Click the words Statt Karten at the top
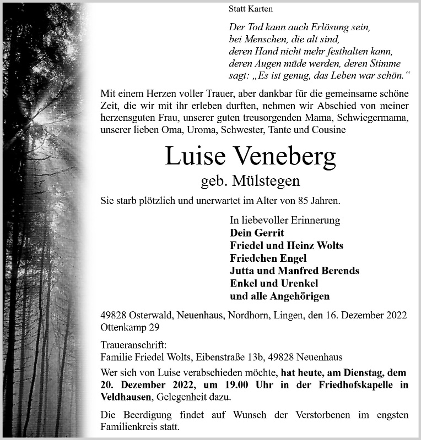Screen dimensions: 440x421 [x=250, y=9]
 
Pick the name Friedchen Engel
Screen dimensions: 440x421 [x=268, y=258]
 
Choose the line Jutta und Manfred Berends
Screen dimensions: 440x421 [x=294, y=271]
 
